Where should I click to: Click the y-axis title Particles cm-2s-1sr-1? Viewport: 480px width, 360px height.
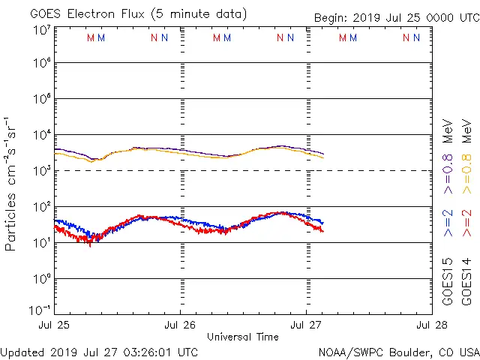[11, 184]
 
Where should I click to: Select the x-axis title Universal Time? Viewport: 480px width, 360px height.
[241, 336]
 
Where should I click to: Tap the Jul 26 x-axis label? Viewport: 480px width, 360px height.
[180, 325]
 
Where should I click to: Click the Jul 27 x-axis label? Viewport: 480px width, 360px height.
[306, 325]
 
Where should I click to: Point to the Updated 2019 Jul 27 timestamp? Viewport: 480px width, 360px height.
[100, 352]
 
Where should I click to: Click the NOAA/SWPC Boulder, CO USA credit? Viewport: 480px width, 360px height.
[398, 352]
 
